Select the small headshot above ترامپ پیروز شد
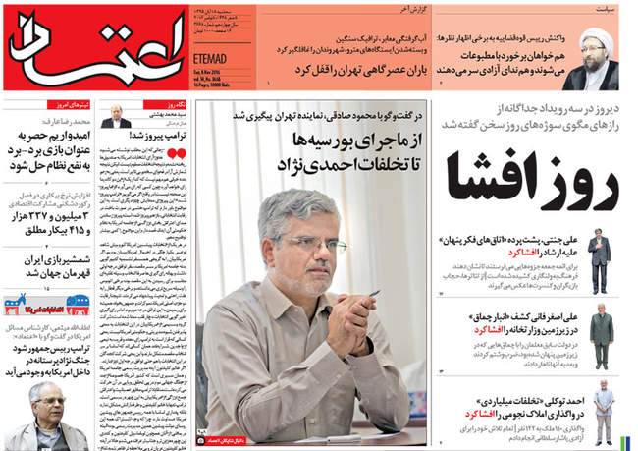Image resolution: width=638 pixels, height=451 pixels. (117, 116)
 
